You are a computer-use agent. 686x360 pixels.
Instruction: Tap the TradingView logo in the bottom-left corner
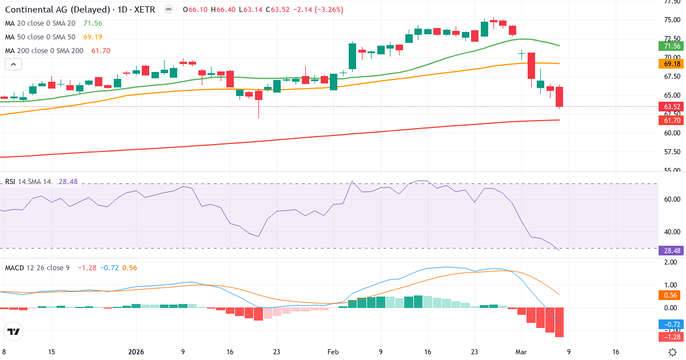click(x=14, y=331)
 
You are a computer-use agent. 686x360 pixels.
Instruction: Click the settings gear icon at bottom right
click(x=673, y=352)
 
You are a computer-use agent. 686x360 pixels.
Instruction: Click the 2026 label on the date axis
click(x=137, y=352)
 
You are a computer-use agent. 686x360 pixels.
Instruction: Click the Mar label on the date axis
click(x=521, y=352)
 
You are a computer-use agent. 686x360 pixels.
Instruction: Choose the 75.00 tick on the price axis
click(x=672, y=20)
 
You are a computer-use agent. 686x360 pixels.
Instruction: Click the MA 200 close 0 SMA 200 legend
click(x=45, y=51)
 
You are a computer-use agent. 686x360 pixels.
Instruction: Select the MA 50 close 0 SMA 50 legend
click(x=41, y=37)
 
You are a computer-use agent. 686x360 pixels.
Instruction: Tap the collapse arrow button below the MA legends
click(x=13, y=65)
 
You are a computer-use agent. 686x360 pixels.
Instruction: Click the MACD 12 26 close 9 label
click(x=37, y=268)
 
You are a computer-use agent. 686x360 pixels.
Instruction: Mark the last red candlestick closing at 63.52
click(x=560, y=97)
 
